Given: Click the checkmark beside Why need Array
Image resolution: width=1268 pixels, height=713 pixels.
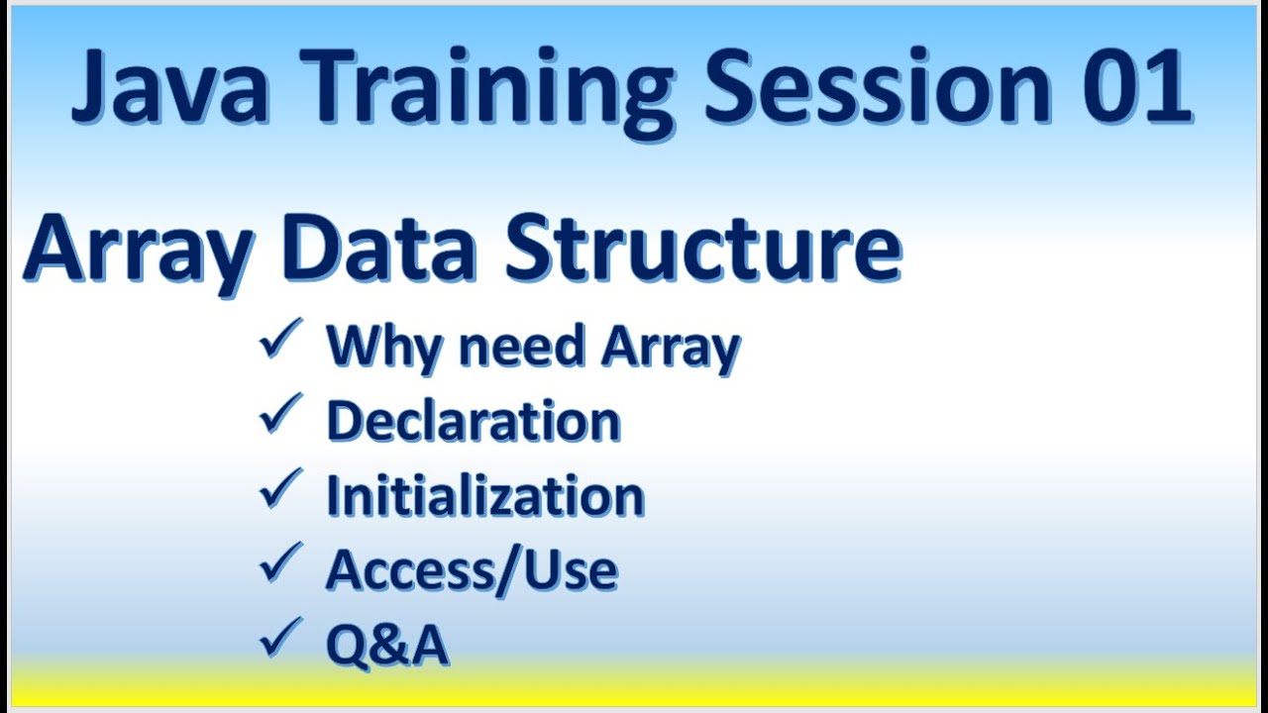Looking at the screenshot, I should pyautogui.click(x=279, y=343).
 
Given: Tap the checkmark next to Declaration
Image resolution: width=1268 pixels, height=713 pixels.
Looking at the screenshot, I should pyautogui.click(x=279, y=417).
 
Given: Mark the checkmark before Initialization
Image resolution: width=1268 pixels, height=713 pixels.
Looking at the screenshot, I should pyautogui.click(x=279, y=491).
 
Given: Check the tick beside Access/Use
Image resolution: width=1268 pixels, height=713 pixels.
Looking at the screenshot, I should pyautogui.click(x=279, y=565).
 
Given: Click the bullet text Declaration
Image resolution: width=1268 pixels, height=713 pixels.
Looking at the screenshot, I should pyautogui.click(x=474, y=421).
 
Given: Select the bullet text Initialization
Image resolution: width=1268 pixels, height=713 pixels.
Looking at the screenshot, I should pyautogui.click(x=485, y=495).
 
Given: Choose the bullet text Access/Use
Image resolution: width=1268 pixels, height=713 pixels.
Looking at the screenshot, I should pyautogui.click(x=472, y=569).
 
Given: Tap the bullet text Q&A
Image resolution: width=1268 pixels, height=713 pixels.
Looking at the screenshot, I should pyautogui.click(x=387, y=645).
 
